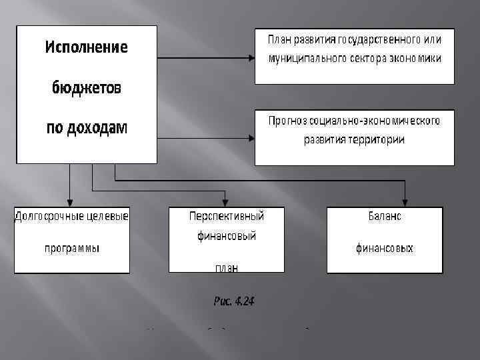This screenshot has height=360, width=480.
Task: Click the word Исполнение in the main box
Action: (x=87, y=48)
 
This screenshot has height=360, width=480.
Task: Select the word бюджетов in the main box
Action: (x=87, y=89)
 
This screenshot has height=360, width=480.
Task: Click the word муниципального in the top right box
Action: (x=305, y=59)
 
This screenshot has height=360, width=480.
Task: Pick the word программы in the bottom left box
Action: (x=72, y=249)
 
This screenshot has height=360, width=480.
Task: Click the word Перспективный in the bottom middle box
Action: (x=227, y=217)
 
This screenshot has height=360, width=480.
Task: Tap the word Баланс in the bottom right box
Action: (x=385, y=217)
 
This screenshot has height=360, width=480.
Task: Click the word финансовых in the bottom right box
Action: (x=384, y=249)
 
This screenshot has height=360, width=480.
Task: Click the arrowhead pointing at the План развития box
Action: (x=251, y=58)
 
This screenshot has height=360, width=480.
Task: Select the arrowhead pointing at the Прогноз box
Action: (x=251, y=139)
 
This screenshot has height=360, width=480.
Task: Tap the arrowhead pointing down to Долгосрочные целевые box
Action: (x=70, y=203)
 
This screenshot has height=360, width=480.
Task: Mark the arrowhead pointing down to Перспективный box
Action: (x=226, y=203)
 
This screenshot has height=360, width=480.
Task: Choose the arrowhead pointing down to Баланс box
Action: (x=405, y=203)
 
